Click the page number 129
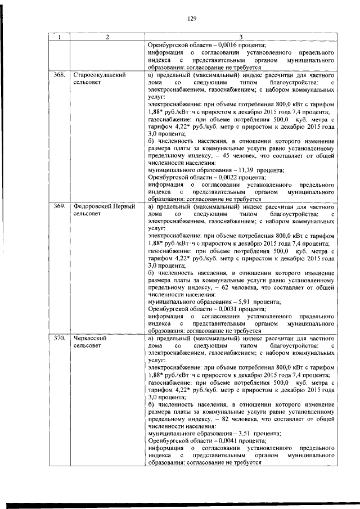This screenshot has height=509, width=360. pos(191,19)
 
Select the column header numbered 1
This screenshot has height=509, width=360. pos(58,38)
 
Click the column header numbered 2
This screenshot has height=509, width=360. pos(107,38)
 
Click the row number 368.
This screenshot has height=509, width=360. pos(58,75)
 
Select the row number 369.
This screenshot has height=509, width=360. pos(58,207)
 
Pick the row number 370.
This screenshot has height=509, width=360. pos(58,339)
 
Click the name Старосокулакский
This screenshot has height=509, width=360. pos(99,75)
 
